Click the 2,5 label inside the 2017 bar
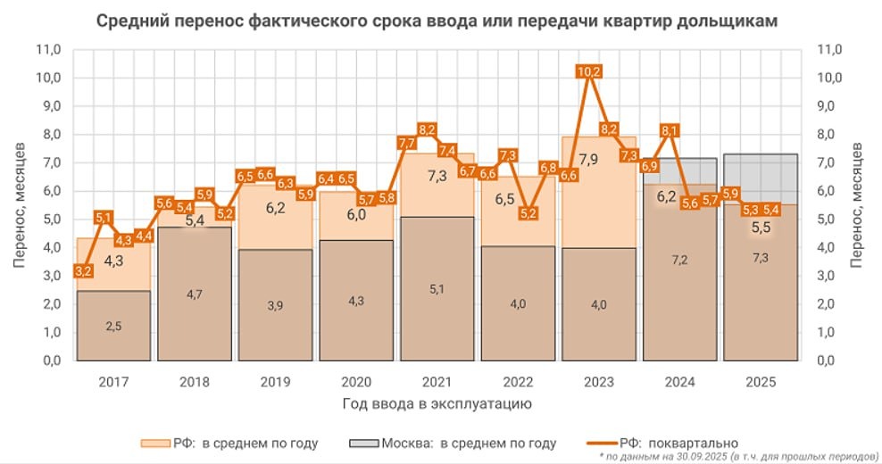[113, 327]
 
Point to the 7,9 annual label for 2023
[588, 161]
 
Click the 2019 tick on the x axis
[275, 382]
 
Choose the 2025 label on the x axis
[760, 382]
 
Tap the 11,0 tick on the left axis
[48, 50]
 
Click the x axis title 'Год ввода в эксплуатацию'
[437, 404]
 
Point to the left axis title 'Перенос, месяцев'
[20, 205]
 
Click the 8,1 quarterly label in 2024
[670, 130]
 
